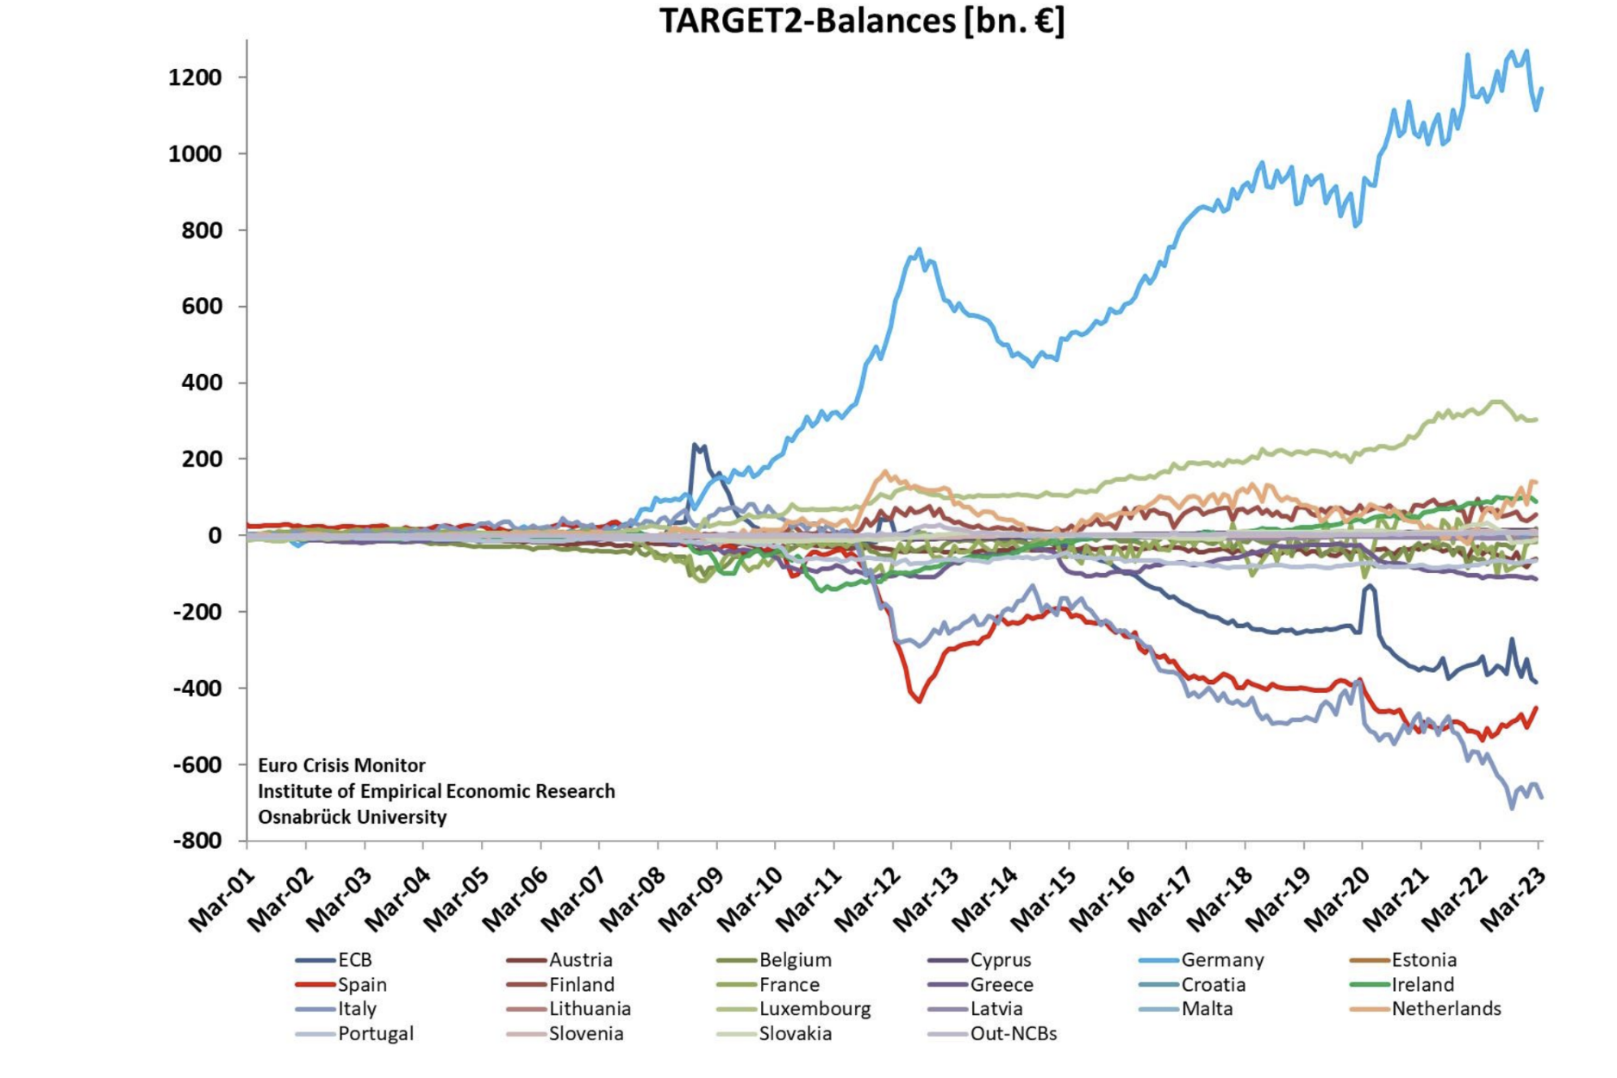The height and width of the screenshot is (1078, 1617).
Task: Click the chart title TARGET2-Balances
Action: pos(861,21)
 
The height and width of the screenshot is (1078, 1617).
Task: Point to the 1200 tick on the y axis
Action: pos(195,78)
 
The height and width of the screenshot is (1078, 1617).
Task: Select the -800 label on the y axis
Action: pos(197,840)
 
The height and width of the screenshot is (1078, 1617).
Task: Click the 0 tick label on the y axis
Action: pos(214,535)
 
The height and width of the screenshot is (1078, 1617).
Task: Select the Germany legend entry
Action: pos(1221,960)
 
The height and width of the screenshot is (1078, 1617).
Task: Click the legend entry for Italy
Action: pos(357,1009)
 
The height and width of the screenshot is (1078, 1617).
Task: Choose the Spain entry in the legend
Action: pos(362,985)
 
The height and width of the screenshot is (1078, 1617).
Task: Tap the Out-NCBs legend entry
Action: pos(1013,1033)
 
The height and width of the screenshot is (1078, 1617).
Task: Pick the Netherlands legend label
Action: pos(1445,1009)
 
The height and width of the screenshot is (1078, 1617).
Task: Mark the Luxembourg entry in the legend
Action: pos(815,1009)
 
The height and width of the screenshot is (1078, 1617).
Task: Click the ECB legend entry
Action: pos(354,960)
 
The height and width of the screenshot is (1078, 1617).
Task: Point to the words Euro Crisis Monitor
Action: pos(341,765)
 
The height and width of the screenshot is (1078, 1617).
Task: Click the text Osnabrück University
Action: pos(352,817)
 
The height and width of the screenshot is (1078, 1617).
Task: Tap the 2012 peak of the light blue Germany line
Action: pos(919,250)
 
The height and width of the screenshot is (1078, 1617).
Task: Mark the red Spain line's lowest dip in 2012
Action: pos(919,701)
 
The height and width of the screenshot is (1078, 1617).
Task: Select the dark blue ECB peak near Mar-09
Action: pos(695,446)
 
